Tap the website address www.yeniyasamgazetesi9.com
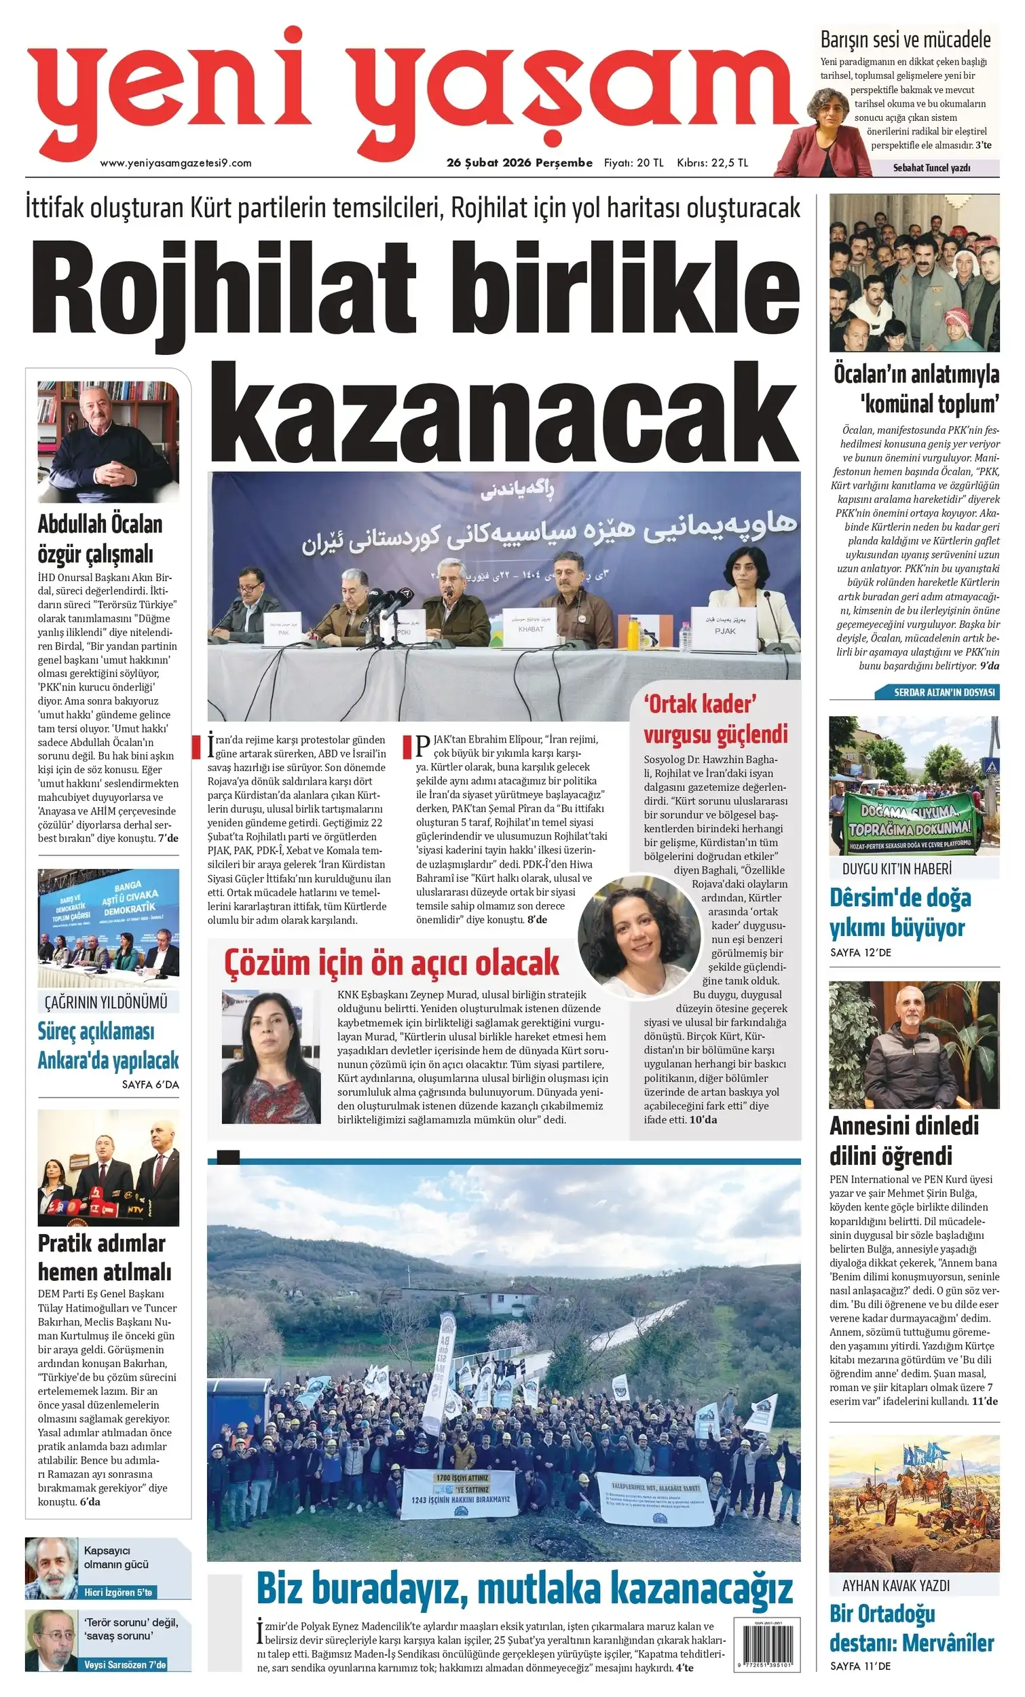pyautogui.click(x=176, y=163)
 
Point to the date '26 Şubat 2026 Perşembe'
pyautogui.click(x=519, y=163)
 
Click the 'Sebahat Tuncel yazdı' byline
pyautogui.click(x=931, y=168)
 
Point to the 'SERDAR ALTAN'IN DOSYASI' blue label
pyautogui.click(x=944, y=692)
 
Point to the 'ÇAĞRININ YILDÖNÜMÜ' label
pyautogui.click(x=106, y=1002)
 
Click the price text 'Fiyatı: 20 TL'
pyautogui.click(x=633, y=163)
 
